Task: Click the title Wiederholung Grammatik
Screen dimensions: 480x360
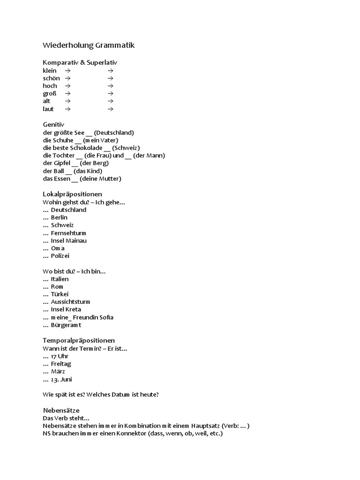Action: coord(89,45)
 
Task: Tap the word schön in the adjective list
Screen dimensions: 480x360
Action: coord(51,78)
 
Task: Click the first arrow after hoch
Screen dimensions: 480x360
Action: coord(67,86)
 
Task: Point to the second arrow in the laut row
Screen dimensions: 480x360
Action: coord(110,109)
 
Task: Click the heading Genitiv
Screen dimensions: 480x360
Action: coord(52,125)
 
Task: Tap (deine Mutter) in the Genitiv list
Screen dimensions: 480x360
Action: coord(100,179)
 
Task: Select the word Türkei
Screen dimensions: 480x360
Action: coord(60,294)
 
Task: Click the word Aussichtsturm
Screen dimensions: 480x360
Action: coord(70,302)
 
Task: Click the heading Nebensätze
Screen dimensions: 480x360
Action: coord(61,410)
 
